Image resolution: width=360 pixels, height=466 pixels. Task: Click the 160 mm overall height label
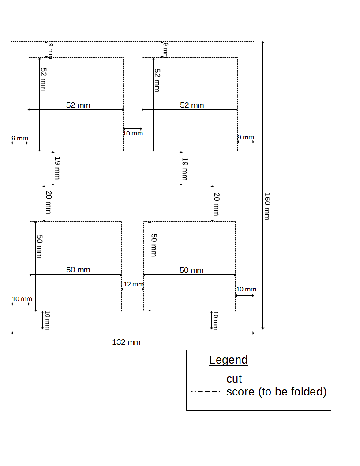pos(267,206)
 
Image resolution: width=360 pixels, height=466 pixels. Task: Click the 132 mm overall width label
pos(126,342)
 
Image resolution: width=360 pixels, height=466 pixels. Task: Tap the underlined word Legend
pos(229,360)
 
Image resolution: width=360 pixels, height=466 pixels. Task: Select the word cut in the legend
pos(234,379)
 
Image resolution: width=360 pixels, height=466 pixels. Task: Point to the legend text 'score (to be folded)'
pos(277,392)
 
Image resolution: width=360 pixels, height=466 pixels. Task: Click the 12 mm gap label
pos(133,285)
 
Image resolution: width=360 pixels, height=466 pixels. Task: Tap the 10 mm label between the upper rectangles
pos(133,133)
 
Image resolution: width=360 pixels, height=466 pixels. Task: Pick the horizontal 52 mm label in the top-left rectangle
pos(78,105)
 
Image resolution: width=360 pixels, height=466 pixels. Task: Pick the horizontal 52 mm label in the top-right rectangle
pos(192,105)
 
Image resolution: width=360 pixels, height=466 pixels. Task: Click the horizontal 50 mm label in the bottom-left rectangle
pos(78,270)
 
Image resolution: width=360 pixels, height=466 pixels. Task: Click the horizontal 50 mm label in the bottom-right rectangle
pos(191,270)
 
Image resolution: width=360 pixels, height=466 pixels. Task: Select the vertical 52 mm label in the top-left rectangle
pos(43,79)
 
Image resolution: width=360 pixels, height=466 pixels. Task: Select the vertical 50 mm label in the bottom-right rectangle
pos(154,245)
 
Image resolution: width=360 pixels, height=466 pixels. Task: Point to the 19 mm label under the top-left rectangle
pos(57,169)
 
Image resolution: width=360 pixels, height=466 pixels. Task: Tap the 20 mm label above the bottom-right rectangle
pos(216,204)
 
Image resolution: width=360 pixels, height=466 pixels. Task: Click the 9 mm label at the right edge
pos(246,138)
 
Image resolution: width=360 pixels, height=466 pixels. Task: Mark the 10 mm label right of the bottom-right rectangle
pos(246,289)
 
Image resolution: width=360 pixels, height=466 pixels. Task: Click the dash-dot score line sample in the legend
pos(205,392)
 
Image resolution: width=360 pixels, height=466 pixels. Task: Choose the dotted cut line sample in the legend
pos(205,379)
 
